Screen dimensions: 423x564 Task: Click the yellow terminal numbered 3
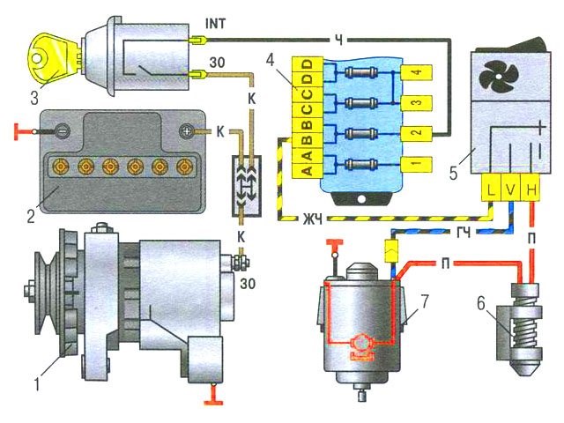pyautogui.click(x=415, y=104)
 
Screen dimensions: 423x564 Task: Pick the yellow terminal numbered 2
pyautogui.click(x=415, y=134)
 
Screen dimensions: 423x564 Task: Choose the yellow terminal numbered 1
pyautogui.click(x=415, y=164)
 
